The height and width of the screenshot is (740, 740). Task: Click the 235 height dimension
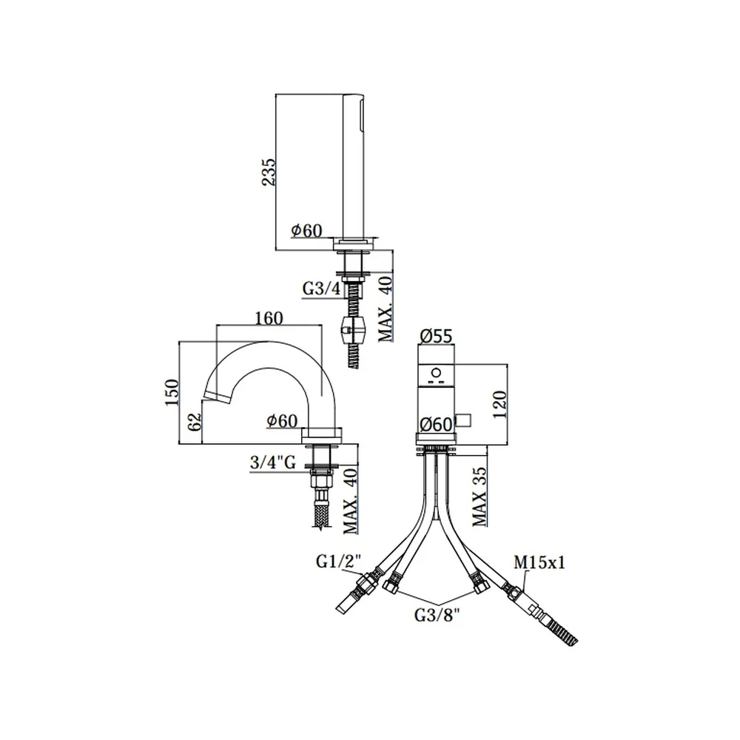click(269, 172)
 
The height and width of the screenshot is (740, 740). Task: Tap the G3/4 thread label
click(321, 289)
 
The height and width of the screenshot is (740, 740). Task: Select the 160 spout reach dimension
click(269, 318)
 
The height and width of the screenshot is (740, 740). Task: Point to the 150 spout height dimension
click(172, 391)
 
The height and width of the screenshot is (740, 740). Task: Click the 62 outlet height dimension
click(194, 422)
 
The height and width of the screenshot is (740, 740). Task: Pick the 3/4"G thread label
click(273, 462)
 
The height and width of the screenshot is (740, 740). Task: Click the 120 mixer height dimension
click(499, 405)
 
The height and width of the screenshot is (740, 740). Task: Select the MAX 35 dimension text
click(480, 497)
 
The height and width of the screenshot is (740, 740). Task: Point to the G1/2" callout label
click(338, 562)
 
